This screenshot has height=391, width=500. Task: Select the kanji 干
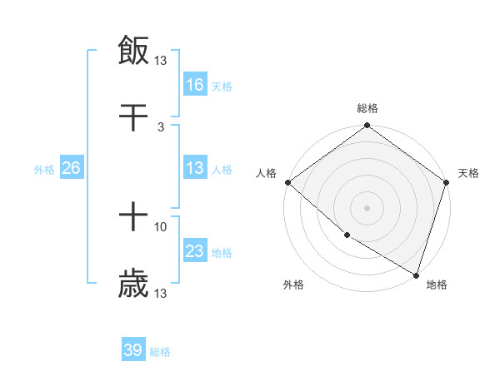click(133, 119)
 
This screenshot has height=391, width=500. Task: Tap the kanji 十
click(133, 219)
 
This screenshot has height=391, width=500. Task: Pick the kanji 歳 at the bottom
click(133, 285)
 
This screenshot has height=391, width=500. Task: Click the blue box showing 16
click(195, 84)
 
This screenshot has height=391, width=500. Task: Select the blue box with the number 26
click(71, 168)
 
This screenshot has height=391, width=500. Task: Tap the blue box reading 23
click(195, 251)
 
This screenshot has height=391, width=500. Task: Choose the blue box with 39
click(133, 350)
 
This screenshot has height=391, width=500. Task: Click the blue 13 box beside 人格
click(195, 168)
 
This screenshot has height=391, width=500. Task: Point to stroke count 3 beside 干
click(161, 126)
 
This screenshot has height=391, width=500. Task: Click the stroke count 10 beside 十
click(161, 226)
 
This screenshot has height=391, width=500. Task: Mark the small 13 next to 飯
click(161, 60)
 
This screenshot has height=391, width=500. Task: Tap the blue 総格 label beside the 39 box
click(160, 352)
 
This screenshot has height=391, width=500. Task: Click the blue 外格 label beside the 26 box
click(44, 169)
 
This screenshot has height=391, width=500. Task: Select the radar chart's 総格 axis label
click(367, 108)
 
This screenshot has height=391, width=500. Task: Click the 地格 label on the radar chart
click(437, 285)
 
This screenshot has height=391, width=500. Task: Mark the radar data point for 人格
click(287, 182)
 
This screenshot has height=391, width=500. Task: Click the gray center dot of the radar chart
click(367, 208)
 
